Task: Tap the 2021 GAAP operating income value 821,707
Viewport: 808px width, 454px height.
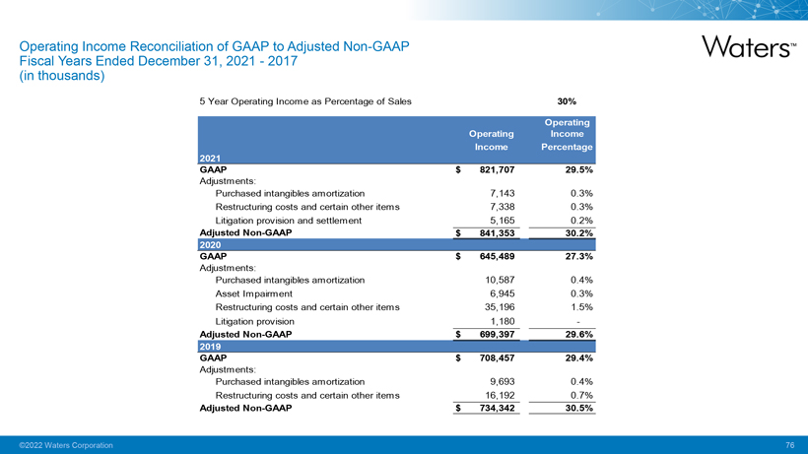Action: (490, 169)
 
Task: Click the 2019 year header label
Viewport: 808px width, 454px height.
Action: (212, 346)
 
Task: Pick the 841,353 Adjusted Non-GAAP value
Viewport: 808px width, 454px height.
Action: (490, 232)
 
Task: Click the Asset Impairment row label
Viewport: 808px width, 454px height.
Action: (253, 293)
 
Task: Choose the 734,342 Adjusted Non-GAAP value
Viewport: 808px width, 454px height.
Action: (490, 408)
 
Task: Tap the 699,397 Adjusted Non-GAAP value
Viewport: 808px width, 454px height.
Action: (490, 334)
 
